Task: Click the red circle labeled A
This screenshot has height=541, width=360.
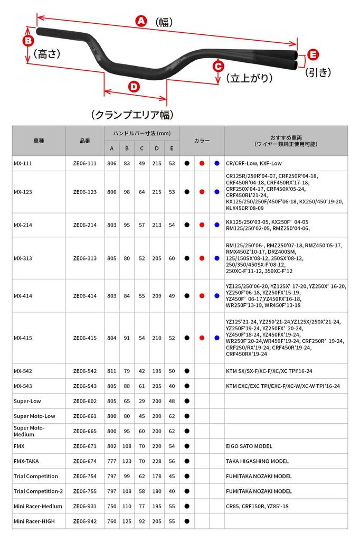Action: click(141, 21)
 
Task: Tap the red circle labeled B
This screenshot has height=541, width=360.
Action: click(29, 41)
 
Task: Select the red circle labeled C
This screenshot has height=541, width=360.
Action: click(218, 66)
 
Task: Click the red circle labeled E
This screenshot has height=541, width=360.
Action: click(313, 54)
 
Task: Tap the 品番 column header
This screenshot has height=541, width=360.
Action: click(84, 141)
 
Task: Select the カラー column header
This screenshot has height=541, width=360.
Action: click(202, 141)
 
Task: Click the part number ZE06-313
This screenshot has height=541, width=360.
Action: click(84, 258)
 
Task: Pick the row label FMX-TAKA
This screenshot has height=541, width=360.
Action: click(26, 462)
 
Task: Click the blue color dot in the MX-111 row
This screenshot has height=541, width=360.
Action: click(217, 164)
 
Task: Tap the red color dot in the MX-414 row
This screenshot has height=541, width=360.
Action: click(202, 296)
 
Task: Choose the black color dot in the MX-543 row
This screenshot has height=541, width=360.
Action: click(187, 386)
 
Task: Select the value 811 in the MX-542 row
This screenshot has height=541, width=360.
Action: click(111, 371)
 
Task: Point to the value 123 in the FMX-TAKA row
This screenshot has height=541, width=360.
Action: click(127, 462)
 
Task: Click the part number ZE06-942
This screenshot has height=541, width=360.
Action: click(84, 521)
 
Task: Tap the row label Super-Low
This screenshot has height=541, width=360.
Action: click(27, 401)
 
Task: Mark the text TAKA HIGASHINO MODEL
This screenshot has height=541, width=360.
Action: click(259, 462)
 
